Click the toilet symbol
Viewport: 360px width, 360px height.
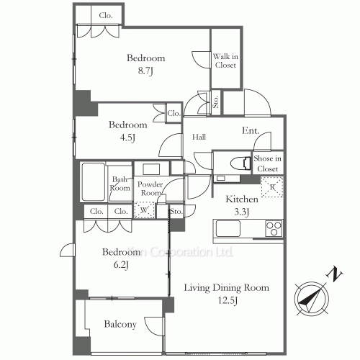[x=240, y=163]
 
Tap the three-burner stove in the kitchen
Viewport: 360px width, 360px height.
[x=274, y=228]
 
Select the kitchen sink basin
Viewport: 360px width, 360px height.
[x=228, y=228]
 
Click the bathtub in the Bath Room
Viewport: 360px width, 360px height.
[x=94, y=182]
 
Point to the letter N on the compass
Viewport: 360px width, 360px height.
[x=334, y=274]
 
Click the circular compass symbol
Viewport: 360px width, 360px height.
[x=312, y=299]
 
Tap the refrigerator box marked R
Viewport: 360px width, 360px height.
[x=272, y=187]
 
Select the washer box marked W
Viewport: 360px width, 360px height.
[x=144, y=210]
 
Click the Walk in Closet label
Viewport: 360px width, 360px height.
[x=225, y=60]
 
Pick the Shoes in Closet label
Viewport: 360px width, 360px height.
[x=267, y=163]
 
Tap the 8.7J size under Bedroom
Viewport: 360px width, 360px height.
[x=145, y=71]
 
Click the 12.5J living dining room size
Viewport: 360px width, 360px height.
[x=228, y=301]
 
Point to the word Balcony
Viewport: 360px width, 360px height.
[x=120, y=325]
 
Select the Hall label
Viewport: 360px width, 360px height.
[x=199, y=137]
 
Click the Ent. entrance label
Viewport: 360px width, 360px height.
[x=251, y=130]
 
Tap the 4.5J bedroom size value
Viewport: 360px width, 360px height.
[x=127, y=138]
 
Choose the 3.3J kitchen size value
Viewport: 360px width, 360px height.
[x=241, y=212]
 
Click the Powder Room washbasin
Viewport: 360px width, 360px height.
[x=151, y=169]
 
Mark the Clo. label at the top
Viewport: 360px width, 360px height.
[x=106, y=16]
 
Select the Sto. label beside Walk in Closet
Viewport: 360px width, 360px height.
[x=216, y=102]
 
